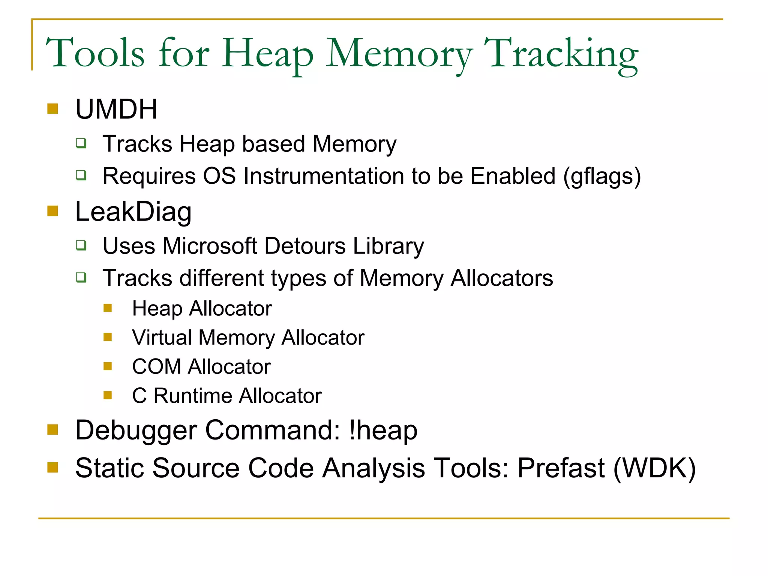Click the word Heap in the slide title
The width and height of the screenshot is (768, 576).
point(267,54)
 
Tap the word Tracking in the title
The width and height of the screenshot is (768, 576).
point(561,54)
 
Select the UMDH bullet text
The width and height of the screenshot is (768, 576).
point(116,109)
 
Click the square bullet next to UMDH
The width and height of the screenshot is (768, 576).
point(53,109)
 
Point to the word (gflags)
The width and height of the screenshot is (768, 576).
point(602,176)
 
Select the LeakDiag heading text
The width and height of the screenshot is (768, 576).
point(133,212)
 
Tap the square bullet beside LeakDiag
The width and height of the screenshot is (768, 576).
point(53,211)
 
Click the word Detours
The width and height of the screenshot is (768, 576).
point(305,246)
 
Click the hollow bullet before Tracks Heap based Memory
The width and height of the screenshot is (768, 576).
point(81,143)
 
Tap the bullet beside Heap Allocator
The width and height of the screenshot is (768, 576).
point(108,308)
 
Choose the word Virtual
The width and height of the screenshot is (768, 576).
point(162,337)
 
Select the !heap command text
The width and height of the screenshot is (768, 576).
point(383,430)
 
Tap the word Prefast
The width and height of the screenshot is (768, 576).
point(561,468)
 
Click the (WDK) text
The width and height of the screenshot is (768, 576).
point(654,468)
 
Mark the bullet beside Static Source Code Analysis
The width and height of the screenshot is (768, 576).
point(53,467)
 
